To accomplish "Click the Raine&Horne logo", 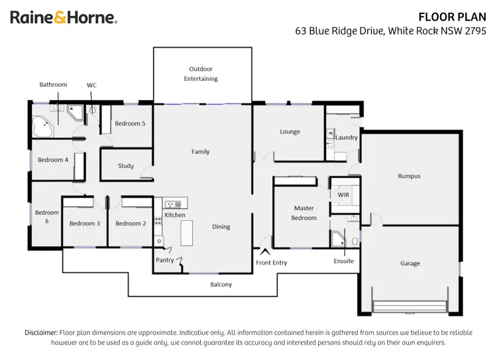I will pos(64,18).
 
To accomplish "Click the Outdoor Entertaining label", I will pos(201,74).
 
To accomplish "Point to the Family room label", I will pos(200,152).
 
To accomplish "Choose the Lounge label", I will pos(290,132).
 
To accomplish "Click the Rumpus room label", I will pos(409,176).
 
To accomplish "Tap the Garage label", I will pos(410,263).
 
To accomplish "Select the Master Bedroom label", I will pos(304,213).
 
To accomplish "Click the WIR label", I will pos(343,196).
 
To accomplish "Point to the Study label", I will pos(126,166).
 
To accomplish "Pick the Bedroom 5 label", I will pos(130,123).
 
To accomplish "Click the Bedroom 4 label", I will pos(53,160).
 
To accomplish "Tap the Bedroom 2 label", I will pos(131,223).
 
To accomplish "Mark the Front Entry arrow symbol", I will pos(266,252).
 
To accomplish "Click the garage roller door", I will pos(411,306).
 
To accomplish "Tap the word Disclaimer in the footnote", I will pos(41,332).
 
